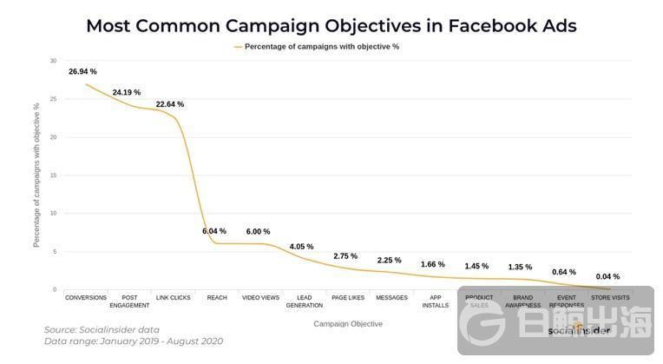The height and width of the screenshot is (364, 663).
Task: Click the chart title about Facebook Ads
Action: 331,24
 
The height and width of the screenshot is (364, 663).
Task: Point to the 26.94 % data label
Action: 82,71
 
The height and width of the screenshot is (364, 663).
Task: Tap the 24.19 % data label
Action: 126,92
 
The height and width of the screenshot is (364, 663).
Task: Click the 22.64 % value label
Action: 170,104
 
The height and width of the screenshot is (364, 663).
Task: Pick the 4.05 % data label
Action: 301,247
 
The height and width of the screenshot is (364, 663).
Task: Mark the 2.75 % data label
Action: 345,256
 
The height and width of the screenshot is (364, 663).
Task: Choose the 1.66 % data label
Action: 432,264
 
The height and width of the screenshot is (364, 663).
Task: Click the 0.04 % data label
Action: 607,276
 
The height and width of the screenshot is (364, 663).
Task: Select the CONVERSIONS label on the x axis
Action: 86,298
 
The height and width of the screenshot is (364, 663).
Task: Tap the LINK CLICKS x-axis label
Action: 174,298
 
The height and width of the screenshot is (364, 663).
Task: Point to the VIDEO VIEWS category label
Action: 260,298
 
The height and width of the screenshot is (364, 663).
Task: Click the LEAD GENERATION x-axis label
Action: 304,301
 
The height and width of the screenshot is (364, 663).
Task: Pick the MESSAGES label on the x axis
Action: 391,298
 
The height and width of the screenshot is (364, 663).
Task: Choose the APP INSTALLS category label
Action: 434,301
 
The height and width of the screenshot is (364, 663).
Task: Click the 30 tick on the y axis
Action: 53,61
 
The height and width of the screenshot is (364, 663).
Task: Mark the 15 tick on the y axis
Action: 53,175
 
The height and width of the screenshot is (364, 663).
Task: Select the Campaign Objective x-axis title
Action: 347,324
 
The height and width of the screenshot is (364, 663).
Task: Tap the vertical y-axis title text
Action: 36,175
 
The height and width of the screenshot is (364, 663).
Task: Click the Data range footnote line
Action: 134,341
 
